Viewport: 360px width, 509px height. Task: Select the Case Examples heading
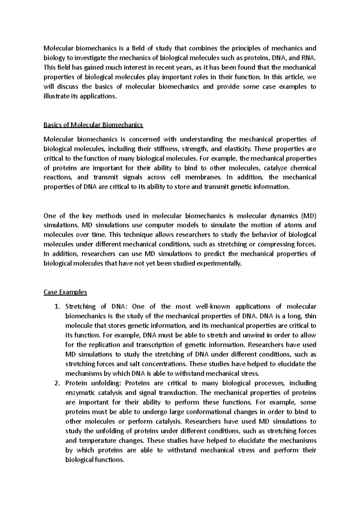(x=65, y=292)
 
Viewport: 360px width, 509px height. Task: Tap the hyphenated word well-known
(x=213, y=307)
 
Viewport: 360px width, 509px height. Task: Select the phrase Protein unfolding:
(x=93, y=383)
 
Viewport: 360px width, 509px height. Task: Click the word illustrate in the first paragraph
(x=57, y=97)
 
